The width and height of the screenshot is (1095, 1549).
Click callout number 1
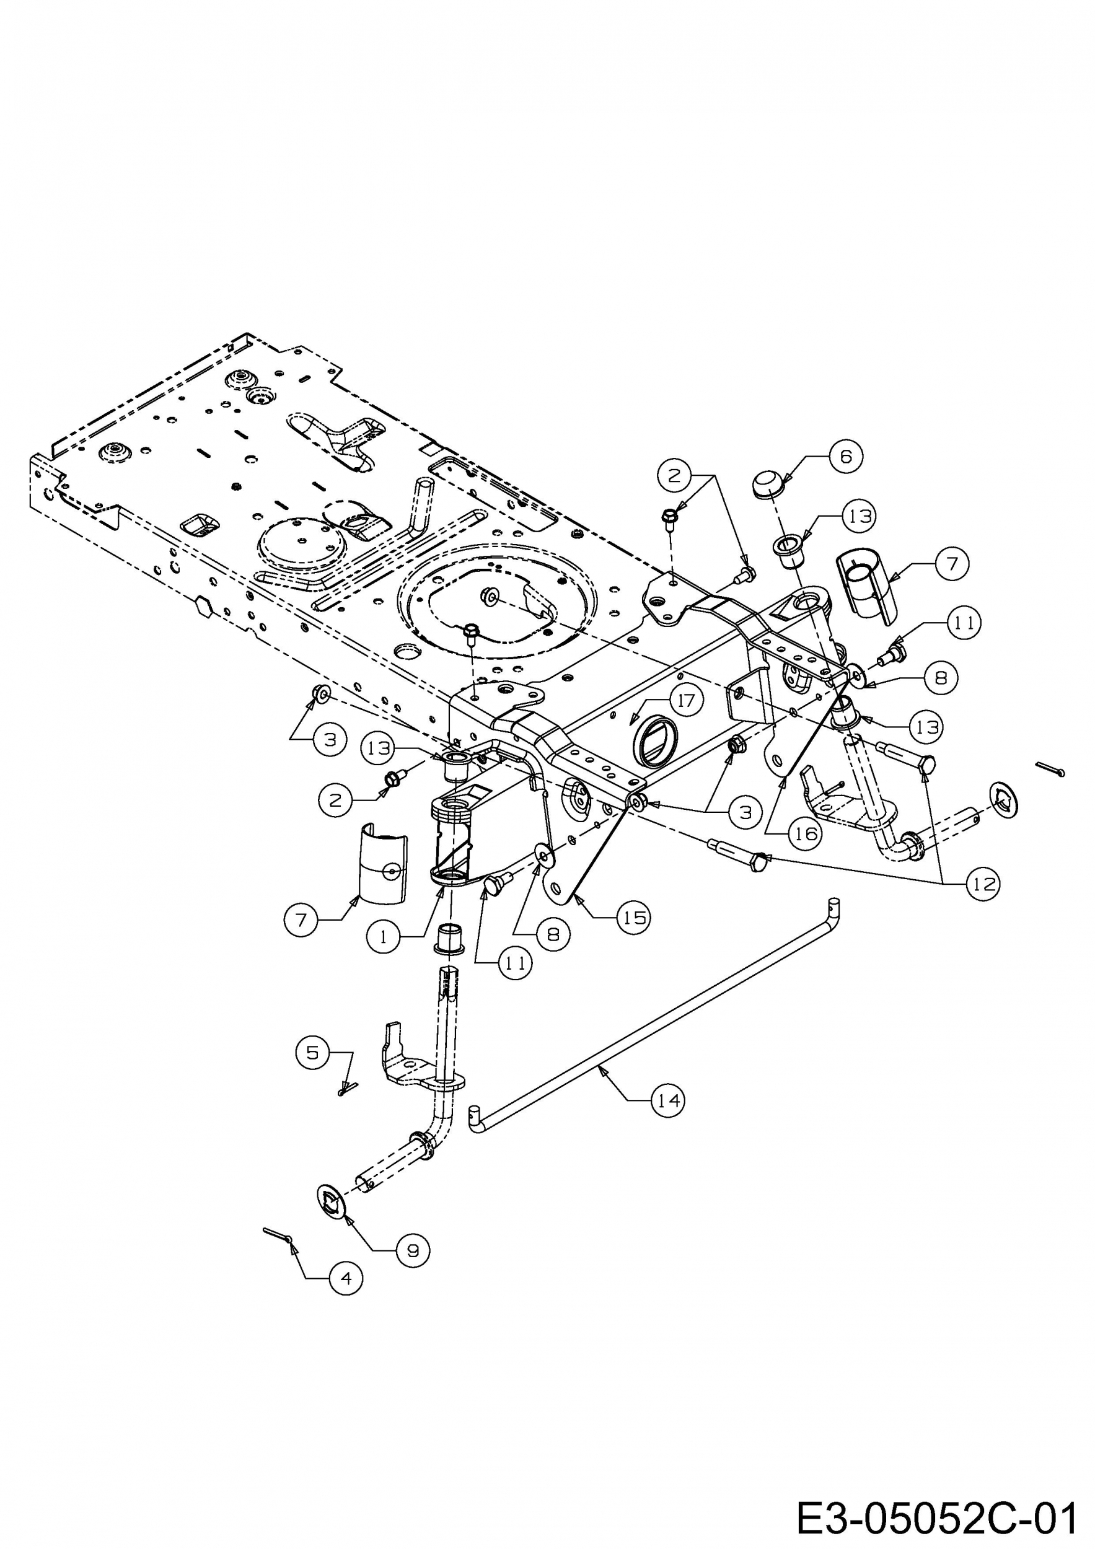point(384,937)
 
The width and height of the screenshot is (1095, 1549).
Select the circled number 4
point(346,1278)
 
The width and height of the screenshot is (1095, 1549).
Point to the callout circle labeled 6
point(846,457)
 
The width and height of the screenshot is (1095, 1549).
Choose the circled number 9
point(413,1250)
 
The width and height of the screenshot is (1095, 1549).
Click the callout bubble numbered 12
point(983,884)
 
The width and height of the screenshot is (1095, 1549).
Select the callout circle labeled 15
point(634,917)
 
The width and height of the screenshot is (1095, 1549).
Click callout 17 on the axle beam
point(686,700)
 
